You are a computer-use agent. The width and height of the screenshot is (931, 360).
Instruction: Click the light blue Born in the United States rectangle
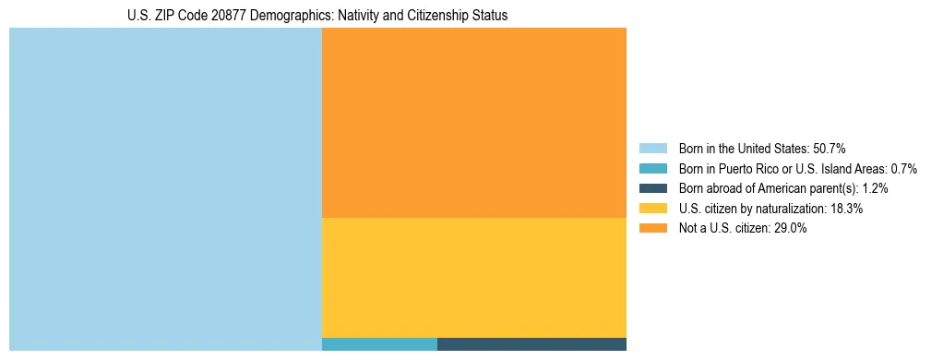point(165,189)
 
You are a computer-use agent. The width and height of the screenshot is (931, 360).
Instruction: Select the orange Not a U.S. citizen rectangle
point(473,123)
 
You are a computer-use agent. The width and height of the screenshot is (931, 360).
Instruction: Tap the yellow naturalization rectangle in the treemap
point(473,277)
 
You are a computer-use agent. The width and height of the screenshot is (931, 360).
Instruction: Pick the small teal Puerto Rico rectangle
point(379,344)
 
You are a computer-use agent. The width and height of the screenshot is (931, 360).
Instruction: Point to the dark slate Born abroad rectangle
point(531,344)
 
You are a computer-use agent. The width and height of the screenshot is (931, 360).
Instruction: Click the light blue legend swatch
point(652,148)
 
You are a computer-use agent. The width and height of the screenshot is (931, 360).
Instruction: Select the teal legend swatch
point(652,168)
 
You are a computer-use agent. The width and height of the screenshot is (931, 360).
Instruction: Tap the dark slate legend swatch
point(652,188)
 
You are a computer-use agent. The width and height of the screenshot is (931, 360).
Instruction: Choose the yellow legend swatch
point(652,209)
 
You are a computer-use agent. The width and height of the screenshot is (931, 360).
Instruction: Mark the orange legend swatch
point(652,229)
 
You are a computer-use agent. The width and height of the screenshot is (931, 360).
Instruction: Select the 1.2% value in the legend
point(875,188)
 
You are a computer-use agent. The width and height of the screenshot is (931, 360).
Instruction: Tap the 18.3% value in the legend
point(846,209)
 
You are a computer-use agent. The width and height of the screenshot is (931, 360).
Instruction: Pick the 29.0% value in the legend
point(791,229)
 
